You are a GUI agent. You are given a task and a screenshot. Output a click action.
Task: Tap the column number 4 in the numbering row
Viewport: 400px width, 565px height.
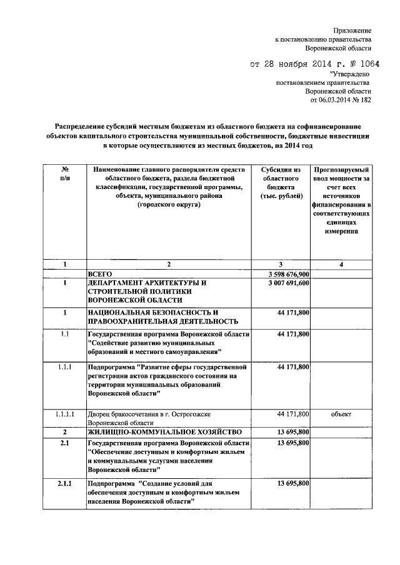click(x=341, y=265)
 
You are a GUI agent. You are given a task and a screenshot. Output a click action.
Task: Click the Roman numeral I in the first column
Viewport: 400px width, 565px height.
click(x=64, y=283)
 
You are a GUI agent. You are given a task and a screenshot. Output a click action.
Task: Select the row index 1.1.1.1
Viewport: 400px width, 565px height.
click(x=64, y=414)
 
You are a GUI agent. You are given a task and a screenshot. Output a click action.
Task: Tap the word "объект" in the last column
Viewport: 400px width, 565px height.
click(x=341, y=414)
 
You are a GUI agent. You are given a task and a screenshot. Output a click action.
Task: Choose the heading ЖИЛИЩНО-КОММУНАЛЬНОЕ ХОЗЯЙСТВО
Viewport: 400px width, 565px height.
click(x=162, y=432)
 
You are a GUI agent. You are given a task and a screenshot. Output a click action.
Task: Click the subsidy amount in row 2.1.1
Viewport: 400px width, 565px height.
click(x=292, y=483)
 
